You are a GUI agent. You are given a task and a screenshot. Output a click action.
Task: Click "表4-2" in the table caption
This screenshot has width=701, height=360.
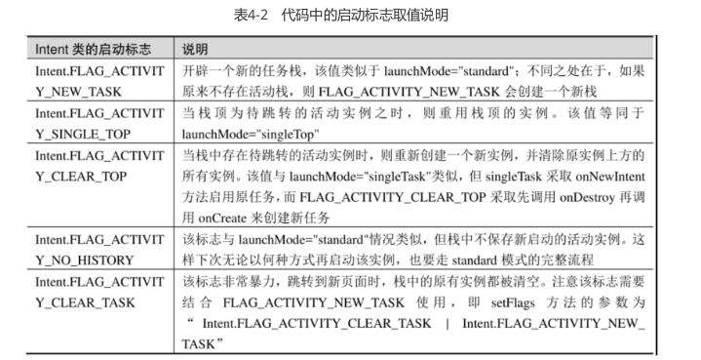[251, 17]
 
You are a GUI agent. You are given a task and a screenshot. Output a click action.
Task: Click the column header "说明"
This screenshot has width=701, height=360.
[195, 50]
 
